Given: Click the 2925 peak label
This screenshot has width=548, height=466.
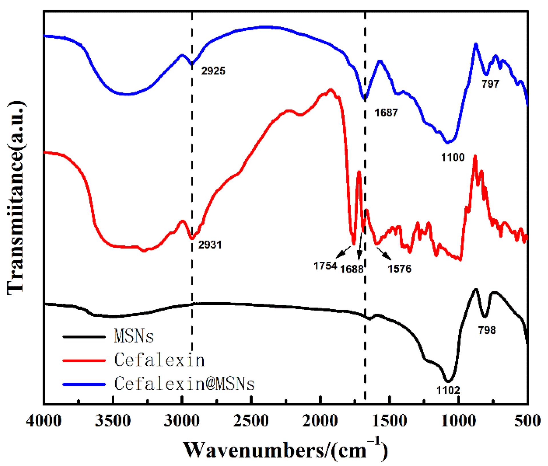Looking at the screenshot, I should tap(213, 71).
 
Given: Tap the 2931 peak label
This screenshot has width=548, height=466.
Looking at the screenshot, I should tap(210, 245).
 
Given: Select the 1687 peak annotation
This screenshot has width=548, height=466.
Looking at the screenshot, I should tap(386, 113).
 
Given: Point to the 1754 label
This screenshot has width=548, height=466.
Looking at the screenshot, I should tap(325, 266).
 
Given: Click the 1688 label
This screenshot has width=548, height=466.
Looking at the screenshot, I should tap(351, 269).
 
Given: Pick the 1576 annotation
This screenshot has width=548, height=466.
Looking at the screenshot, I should tap(399, 269).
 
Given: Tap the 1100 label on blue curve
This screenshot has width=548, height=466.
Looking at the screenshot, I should tap(453, 157).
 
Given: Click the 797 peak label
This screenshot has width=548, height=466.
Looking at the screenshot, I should tap(490, 84).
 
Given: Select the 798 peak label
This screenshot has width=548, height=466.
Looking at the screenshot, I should tap(487, 330).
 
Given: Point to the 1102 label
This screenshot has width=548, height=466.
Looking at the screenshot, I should tap(448, 390).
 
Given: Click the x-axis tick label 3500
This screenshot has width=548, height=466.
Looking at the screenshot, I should tap(113, 421).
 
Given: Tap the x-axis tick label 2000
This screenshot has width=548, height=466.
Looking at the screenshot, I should tap(320, 421).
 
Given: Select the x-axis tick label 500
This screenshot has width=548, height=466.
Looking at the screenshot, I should tap(527, 421).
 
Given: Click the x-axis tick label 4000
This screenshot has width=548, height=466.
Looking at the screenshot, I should tap(44, 421).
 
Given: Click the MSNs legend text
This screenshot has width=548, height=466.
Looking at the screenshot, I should tap(134, 336).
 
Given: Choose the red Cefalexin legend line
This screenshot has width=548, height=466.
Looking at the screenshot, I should tap(84, 360).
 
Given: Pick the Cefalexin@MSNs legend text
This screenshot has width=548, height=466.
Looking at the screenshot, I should tap(185, 384).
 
